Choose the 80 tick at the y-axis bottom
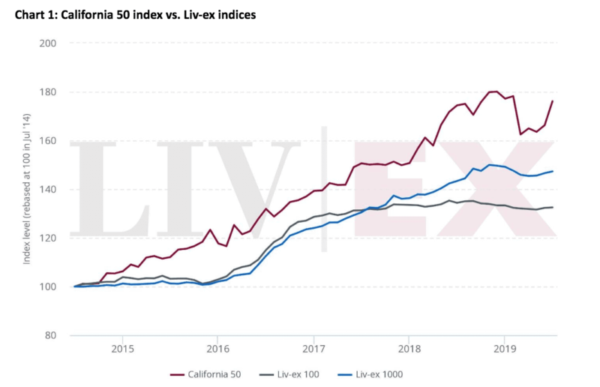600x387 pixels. click(49, 335)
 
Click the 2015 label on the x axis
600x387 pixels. click(122, 349)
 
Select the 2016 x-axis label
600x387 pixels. click(217, 349)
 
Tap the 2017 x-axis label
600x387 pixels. click(313, 349)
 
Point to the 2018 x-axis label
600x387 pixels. click(409, 349)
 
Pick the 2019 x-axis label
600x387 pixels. click(505, 349)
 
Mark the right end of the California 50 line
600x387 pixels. click(553, 101)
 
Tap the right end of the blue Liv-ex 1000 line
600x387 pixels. click(553, 171)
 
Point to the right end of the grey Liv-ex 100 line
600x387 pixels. click(553, 207)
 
